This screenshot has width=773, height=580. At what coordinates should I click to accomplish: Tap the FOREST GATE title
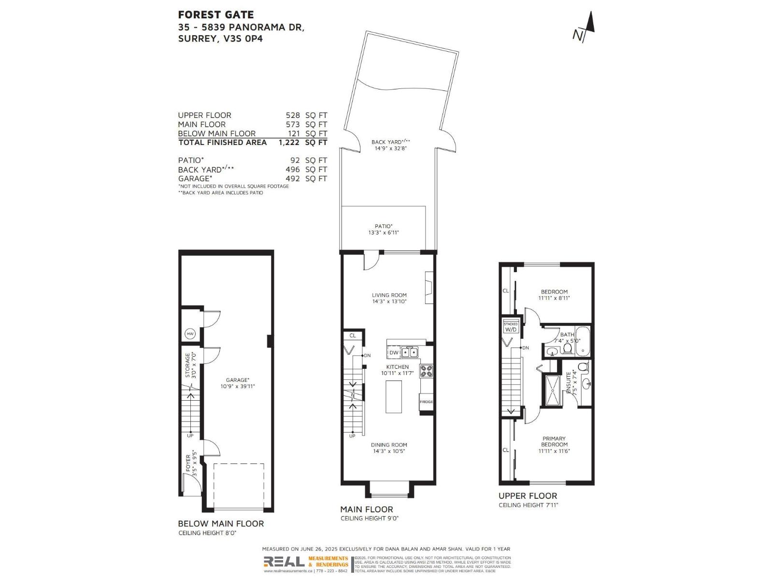(x=215, y=15)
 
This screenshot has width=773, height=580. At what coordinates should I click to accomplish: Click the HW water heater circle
(x=190, y=334)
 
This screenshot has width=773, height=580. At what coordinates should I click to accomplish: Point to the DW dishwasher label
(x=394, y=353)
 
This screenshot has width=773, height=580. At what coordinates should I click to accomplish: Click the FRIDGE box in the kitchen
(x=426, y=402)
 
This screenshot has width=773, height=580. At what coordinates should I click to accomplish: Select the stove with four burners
(x=426, y=371)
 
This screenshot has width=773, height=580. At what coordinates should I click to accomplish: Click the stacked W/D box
(x=511, y=327)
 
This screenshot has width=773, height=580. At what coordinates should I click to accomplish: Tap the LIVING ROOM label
(x=389, y=295)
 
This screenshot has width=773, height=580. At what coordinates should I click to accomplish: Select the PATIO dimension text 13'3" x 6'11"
(x=384, y=232)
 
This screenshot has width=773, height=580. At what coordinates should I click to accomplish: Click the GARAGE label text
(x=237, y=380)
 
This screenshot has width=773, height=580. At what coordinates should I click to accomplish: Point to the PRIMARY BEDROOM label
(x=554, y=441)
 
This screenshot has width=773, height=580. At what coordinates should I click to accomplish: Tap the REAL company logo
(x=284, y=562)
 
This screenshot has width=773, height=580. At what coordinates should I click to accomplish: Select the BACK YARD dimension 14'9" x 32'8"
(x=390, y=148)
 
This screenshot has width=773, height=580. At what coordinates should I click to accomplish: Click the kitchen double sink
(x=410, y=352)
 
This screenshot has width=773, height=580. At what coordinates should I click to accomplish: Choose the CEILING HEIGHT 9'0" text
(x=370, y=518)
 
